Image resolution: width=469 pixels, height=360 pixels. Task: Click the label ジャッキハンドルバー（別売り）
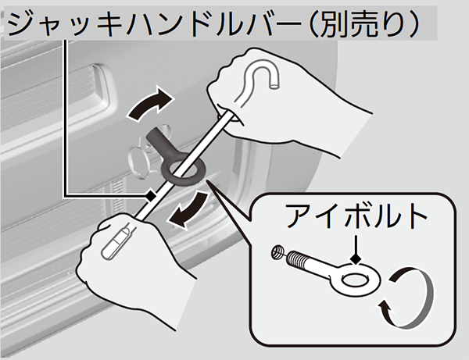(213, 24)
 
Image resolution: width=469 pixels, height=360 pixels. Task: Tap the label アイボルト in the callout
(356, 216)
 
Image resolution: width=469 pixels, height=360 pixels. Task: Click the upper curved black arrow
(150, 105)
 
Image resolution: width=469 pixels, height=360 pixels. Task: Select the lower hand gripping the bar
(134, 263)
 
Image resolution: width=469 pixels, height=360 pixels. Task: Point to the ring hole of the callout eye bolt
(355, 280)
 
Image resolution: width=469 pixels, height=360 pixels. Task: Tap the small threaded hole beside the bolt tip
(277, 251)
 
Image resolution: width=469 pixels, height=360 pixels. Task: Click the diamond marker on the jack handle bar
(150, 196)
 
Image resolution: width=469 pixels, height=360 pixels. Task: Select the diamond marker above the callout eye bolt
(356, 259)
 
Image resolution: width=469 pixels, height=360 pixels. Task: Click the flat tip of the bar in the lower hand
(115, 243)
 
